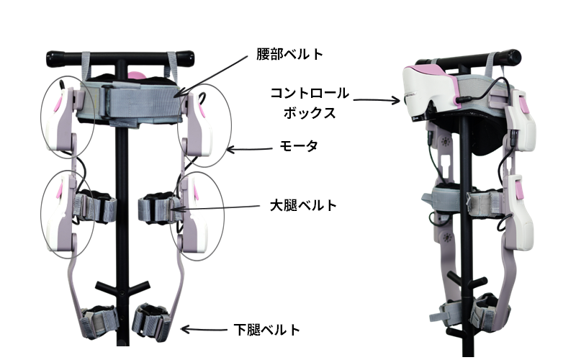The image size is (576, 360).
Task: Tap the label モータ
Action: click(x=294, y=145)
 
